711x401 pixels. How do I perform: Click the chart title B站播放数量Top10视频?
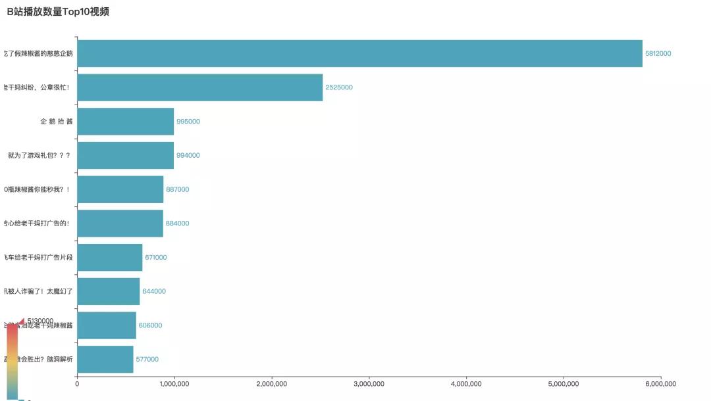tap(58, 11)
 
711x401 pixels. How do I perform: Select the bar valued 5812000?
tap(359, 53)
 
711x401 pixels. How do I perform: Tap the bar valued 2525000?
tap(200, 87)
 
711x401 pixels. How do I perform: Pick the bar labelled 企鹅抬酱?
tap(125, 122)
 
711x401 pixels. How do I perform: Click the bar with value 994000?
tap(125, 155)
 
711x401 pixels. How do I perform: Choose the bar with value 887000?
tap(120, 189)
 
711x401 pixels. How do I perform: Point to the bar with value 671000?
tap(109, 257)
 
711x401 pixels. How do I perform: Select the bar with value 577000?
tap(105, 359)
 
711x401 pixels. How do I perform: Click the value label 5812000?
tap(658, 53)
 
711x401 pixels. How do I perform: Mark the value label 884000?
tap(177, 224)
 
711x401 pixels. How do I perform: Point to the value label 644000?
tap(154, 291)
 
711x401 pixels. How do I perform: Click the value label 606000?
tap(150, 325)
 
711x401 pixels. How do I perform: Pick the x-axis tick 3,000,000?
tap(369, 384)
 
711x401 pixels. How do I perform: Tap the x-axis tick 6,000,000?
tap(661, 384)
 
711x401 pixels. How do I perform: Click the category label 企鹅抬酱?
tap(57, 122)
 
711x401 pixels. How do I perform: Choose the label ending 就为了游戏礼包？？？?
tap(39, 156)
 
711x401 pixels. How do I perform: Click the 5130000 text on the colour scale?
tap(40, 321)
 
